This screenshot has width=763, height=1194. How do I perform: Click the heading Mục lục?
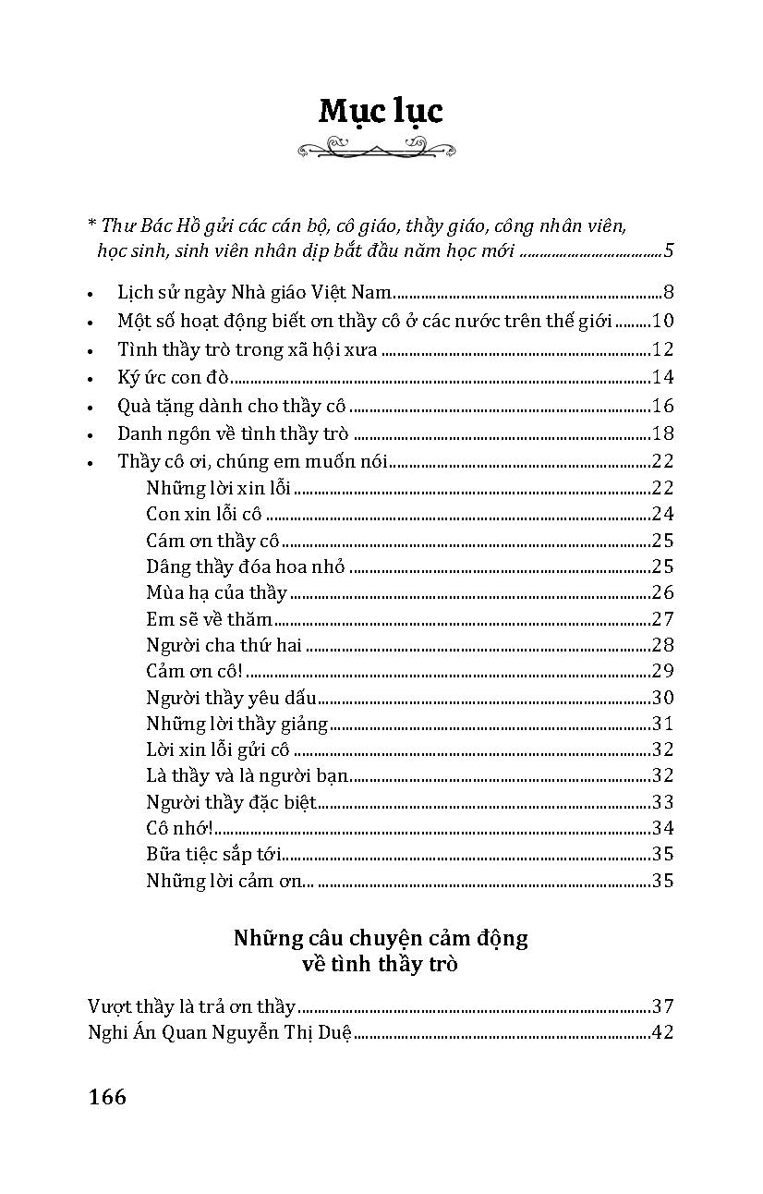click(x=381, y=111)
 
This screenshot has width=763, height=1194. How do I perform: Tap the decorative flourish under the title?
click(x=381, y=147)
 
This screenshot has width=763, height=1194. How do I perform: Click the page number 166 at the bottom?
click(x=107, y=1097)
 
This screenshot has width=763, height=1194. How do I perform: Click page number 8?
click(x=668, y=294)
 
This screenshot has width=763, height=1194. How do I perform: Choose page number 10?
click(x=663, y=322)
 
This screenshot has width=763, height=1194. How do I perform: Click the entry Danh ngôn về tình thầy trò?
click(x=235, y=433)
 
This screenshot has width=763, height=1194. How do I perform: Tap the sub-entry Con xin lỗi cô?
click(x=204, y=514)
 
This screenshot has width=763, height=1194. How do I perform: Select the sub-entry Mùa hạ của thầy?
click(x=216, y=592)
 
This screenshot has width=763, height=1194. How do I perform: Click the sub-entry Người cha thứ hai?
click(x=224, y=645)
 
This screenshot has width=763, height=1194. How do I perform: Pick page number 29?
click(x=662, y=672)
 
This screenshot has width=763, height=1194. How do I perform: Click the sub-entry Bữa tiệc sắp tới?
click(x=214, y=854)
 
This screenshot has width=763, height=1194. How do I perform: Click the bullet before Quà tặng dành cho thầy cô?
click(x=90, y=407)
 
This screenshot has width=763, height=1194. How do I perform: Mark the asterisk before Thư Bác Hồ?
click(x=91, y=224)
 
